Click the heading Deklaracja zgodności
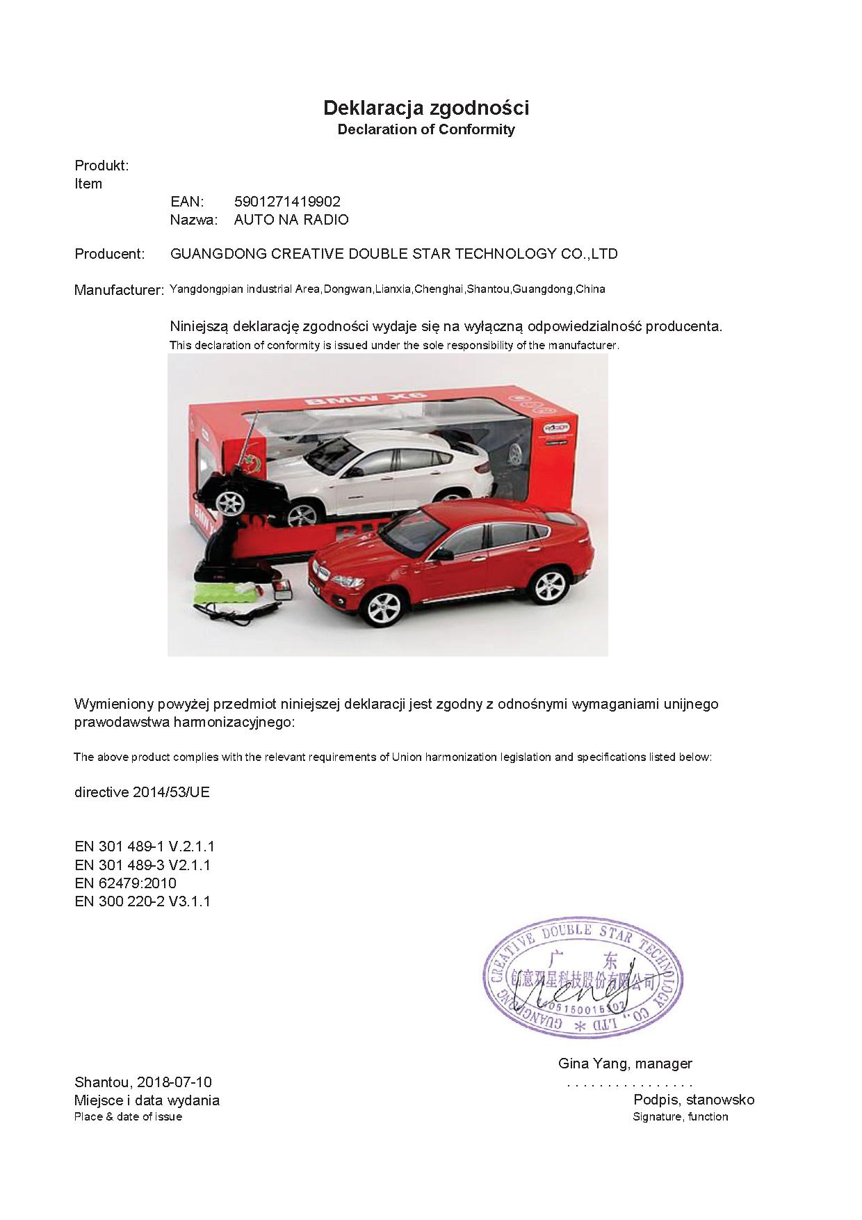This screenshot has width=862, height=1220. click(426, 108)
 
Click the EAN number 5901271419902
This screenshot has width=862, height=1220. click(287, 202)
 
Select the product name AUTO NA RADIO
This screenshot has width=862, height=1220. click(291, 220)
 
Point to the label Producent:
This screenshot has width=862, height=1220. click(110, 254)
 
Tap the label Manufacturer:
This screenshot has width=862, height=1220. click(119, 290)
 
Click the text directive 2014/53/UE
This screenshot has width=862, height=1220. click(142, 792)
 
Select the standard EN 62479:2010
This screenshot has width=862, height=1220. click(125, 883)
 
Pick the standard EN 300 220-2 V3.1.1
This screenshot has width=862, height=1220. click(142, 901)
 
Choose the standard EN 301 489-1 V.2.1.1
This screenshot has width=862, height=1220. click(145, 846)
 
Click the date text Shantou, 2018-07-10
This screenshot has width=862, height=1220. click(143, 1082)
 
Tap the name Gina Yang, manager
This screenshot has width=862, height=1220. click(625, 1064)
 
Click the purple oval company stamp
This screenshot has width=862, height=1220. click(583, 978)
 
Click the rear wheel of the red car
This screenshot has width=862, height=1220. click(549, 585)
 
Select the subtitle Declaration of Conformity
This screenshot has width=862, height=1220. click(426, 129)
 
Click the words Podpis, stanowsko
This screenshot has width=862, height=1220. click(694, 1100)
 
